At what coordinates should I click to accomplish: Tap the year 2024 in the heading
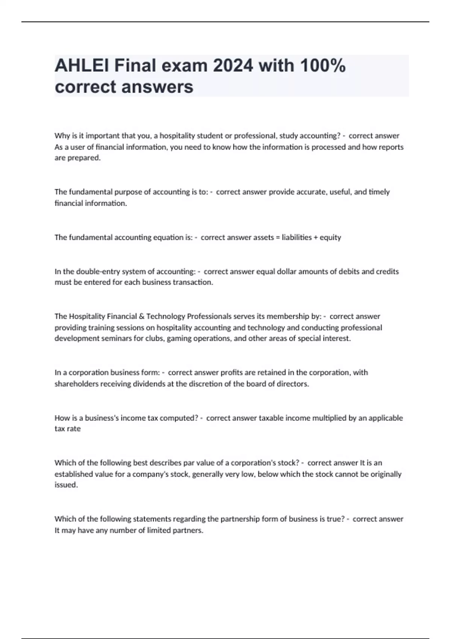pyautogui.click(x=233, y=66)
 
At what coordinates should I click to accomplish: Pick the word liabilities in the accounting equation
pyautogui.click(x=297, y=237)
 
